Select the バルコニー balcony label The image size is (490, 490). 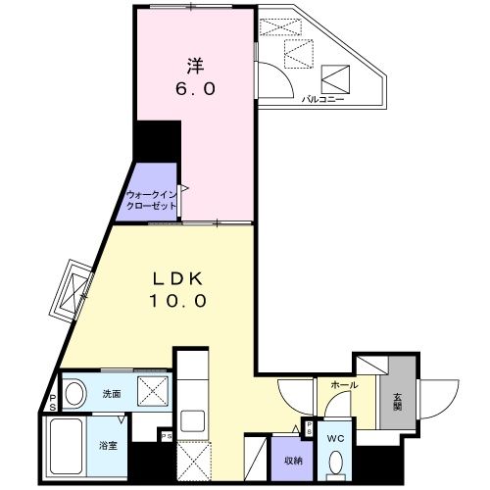[319, 99]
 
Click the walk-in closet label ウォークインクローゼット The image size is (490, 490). [152, 200]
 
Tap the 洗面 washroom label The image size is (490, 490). [111, 394]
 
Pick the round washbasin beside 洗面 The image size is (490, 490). [73, 391]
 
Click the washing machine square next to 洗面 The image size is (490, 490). [153, 393]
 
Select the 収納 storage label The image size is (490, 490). [293, 460]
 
